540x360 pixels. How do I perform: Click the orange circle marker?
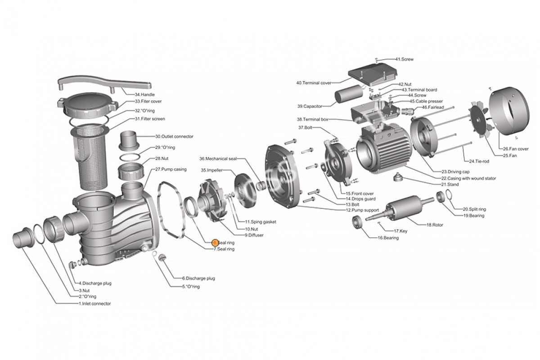click(x=215, y=243)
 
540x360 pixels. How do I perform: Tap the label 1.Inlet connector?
click(x=94, y=304)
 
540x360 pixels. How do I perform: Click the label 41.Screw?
click(x=404, y=59)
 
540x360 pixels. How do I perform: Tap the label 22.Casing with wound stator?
click(x=468, y=178)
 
